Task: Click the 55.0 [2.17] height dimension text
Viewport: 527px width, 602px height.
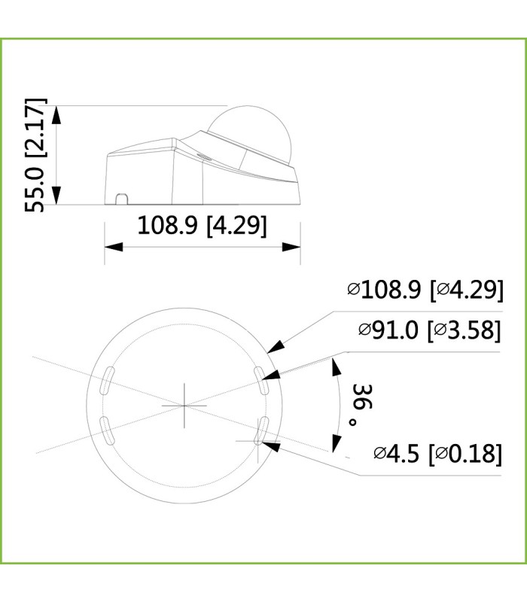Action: click(35, 155)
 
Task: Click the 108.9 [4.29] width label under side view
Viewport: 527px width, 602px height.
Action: click(202, 225)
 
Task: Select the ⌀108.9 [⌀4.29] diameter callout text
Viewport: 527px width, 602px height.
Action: click(425, 289)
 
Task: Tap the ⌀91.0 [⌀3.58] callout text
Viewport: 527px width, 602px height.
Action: click(430, 330)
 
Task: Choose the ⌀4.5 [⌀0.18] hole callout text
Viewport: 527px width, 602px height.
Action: click(438, 454)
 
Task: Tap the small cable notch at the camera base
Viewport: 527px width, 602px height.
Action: click(122, 199)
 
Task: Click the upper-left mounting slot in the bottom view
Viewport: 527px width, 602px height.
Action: click(107, 381)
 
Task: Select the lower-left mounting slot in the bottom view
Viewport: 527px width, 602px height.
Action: click(107, 430)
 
